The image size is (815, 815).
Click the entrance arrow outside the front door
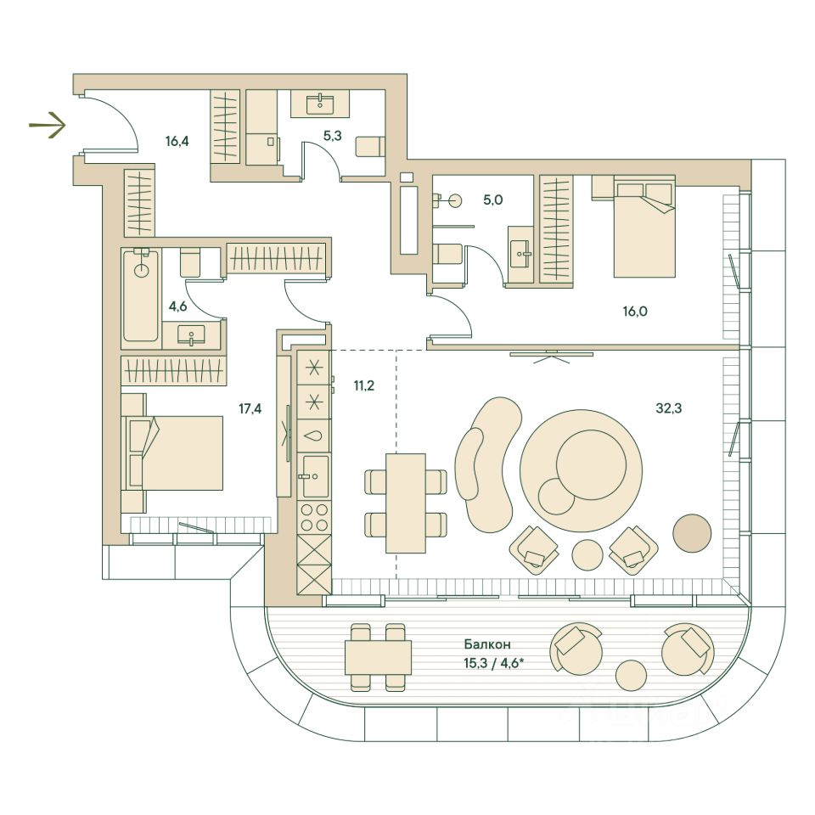(48, 126)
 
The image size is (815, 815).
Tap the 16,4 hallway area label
(177, 142)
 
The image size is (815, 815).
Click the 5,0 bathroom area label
(493, 200)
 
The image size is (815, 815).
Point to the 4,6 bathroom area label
(177, 306)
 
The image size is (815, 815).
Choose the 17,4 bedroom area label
(250, 409)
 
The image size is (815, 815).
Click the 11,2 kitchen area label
(363, 385)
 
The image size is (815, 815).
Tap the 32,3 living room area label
(669, 407)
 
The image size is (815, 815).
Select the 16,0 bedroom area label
(634, 311)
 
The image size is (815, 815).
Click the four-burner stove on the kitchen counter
(315, 516)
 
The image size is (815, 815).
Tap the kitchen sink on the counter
(315, 476)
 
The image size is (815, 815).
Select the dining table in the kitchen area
(405, 503)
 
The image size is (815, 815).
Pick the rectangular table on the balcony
(378, 657)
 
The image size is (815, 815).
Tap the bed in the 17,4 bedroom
(174, 452)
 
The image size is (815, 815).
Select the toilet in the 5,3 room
(369, 147)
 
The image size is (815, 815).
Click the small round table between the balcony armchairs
(632, 676)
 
